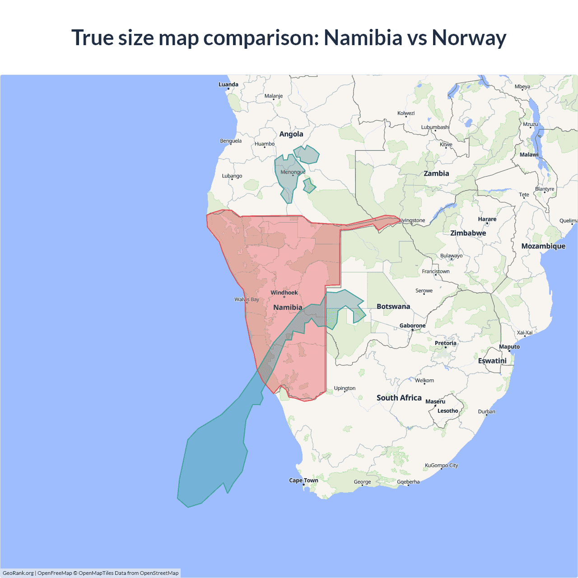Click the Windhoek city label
click(x=284, y=293)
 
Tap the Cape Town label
click(x=303, y=480)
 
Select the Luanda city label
click(x=228, y=84)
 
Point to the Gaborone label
click(x=412, y=326)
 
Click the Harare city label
click(x=487, y=219)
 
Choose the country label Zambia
click(x=436, y=173)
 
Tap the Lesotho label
click(x=447, y=411)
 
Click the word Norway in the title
click(x=469, y=37)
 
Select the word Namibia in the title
click(x=363, y=37)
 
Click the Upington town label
click(x=345, y=388)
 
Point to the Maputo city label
click(x=509, y=347)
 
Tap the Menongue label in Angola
click(x=293, y=172)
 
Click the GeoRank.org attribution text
click(x=18, y=573)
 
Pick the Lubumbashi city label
click(x=435, y=127)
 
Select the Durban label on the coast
click(x=486, y=411)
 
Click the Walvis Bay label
click(x=247, y=299)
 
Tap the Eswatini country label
click(x=492, y=361)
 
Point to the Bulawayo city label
click(x=451, y=256)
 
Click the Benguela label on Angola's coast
click(x=230, y=141)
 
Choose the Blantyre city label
click(x=544, y=189)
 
